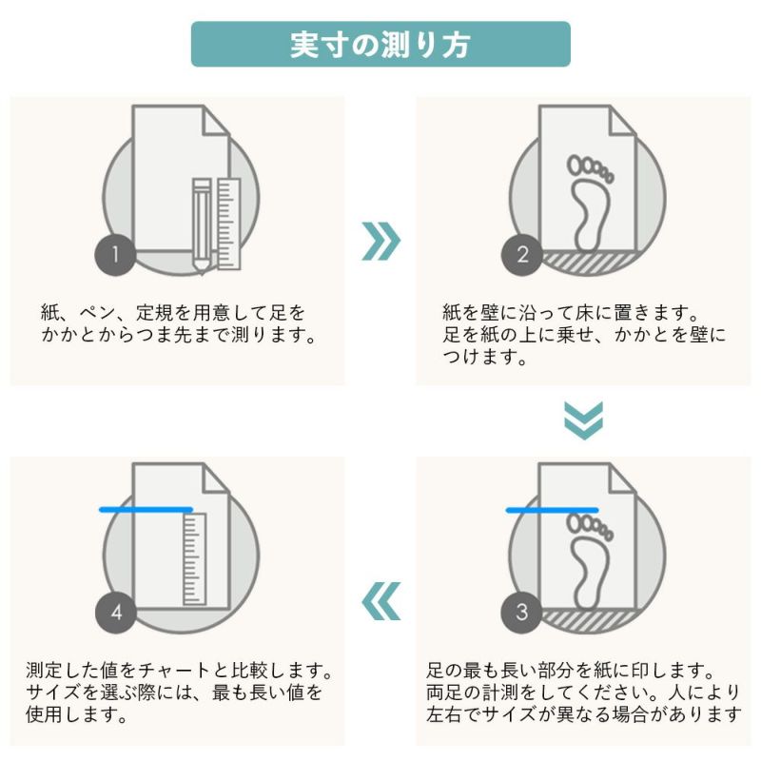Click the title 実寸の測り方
click(x=380, y=45)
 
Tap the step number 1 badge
click(x=115, y=255)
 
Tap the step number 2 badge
click(x=521, y=255)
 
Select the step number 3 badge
click(x=521, y=613)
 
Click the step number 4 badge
click(x=115, y=613)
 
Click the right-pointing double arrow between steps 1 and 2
click(x=380, y=242)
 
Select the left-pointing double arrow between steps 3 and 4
click(x=380, y=599)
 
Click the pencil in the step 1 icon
click(x=202, y=224)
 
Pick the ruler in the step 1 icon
click(x=226, y=221)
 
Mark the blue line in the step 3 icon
click(x=552, y=511)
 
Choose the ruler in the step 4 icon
click(x=193, y=558)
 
